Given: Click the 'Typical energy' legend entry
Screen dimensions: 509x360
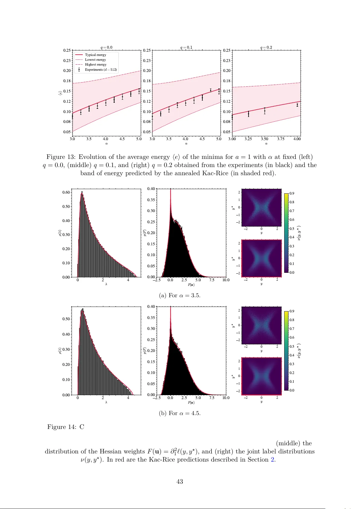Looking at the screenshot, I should click(95, 55).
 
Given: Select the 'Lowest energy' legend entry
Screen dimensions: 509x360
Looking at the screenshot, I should click(95, 60).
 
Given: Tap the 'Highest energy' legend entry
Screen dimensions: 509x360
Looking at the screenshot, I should click(95, 64).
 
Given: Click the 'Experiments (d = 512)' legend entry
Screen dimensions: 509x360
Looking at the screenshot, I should click(101, 69).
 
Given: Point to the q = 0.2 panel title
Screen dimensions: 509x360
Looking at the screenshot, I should click(266, 47).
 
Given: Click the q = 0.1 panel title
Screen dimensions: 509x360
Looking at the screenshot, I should click(186, 47).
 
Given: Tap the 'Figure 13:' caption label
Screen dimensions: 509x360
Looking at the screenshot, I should click(61, 157).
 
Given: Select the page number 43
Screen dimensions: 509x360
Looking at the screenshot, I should click(180, 482).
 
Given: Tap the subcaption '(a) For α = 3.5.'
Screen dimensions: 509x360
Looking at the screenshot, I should click(180, 295).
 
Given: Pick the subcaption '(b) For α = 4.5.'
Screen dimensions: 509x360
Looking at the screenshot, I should click(180, 413).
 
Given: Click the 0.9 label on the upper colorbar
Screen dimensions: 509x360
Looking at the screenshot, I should click(292, 193).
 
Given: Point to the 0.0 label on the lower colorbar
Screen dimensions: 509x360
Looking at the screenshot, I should click(292, 390).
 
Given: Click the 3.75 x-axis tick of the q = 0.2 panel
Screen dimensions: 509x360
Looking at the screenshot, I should click(281, 139).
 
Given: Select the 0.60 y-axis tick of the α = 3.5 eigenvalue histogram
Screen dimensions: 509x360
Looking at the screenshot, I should click(66, 192).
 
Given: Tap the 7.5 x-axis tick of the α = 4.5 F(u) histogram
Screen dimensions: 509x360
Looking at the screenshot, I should click(211, 398).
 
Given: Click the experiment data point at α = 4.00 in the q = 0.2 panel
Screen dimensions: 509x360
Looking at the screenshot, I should click(297, 105).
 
